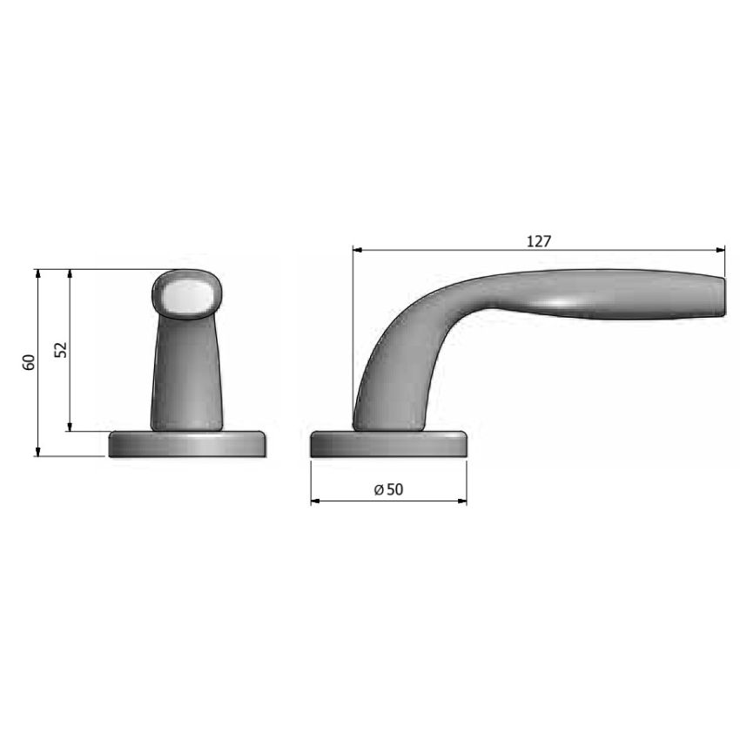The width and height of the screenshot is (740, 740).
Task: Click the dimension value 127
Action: point(539,241)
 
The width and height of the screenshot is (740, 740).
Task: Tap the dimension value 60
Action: point(29,362)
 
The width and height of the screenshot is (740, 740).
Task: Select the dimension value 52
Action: point(61,350)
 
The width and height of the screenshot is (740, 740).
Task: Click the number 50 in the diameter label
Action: point(395,489)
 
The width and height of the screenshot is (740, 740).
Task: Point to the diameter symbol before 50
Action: point(379,490)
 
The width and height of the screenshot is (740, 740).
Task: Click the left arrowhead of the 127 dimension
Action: point(358,250)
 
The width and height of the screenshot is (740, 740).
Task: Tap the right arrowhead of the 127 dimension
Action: point(720,250)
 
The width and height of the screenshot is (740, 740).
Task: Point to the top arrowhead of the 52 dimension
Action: point(70,274)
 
